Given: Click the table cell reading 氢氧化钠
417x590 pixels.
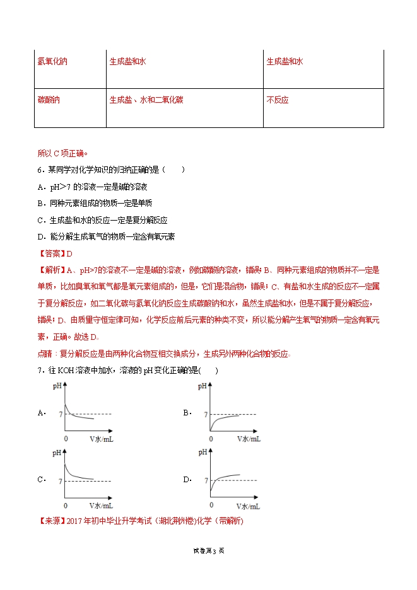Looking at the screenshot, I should tap(52, 62).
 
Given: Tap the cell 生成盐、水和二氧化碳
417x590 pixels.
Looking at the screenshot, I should tap(146, 100).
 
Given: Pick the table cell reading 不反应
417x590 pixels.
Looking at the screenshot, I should tap(278, 100).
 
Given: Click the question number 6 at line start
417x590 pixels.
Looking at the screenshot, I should tap(39, 170).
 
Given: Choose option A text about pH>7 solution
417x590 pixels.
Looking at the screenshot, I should tap(96, 187).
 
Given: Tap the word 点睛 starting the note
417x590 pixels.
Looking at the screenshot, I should tap(47, 354).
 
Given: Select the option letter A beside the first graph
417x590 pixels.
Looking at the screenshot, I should tap(41, 414).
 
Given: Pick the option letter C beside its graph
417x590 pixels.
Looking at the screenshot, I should tap(41, 480).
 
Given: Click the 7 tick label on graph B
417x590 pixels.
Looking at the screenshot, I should tap(206, 414).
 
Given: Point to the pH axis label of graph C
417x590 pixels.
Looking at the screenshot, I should tap(57, 452).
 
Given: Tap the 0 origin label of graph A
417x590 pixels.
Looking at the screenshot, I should tap(66, 437).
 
